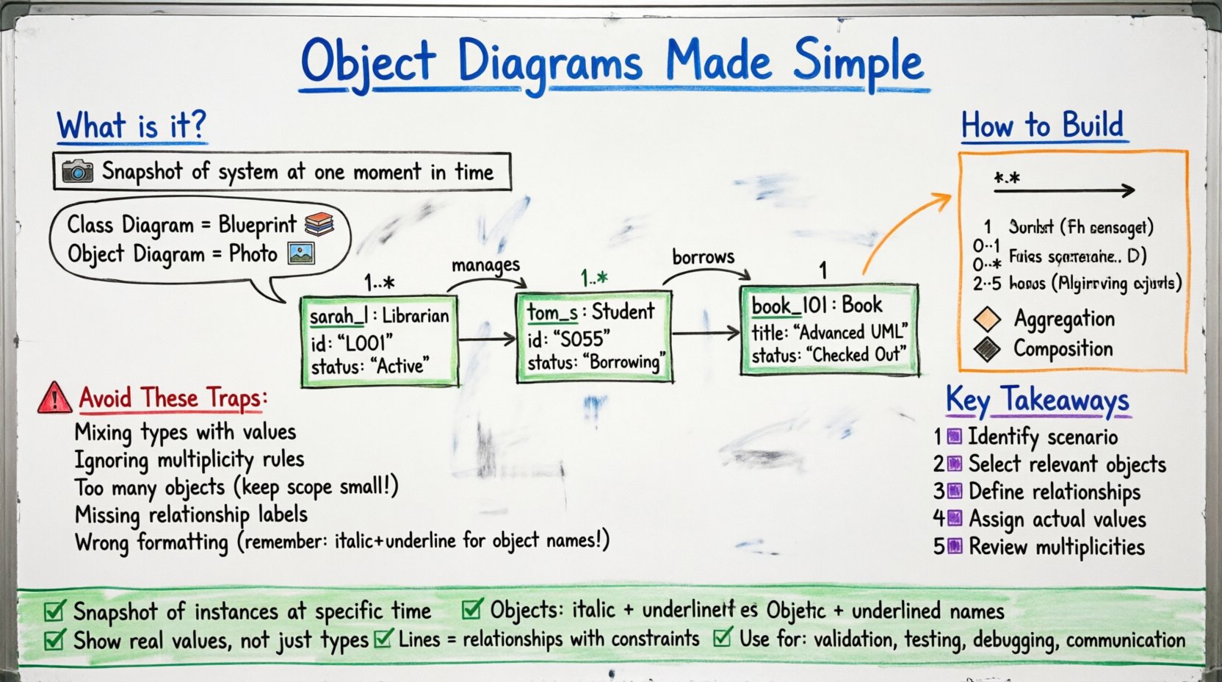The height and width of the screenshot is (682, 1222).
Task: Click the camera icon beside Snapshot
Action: pyautogui.click(x=77, y=171)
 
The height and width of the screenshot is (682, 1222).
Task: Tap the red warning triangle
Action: pyautogui.click(x=54, y=398)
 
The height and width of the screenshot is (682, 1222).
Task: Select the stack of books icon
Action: pyautogui.click(x=319, y=223)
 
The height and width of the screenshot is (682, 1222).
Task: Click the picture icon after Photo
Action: pyautogui.click(x=301, y=254)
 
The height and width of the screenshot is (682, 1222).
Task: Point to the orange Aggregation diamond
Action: pyautogui.click(x=987, y=319)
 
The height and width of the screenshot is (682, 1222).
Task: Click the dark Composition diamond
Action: pyautogui.click(x=987, y=349)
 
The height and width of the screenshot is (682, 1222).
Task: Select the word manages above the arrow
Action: pyautogui.click(x=485, y=265)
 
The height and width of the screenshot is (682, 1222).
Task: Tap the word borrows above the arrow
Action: pyautogui.click(x=703, y=257)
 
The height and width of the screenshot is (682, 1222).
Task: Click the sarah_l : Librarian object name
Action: pyautogui.click(x=379, y=316)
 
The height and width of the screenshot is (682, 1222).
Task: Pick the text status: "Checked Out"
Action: pyautogui.click(x=828, y=356)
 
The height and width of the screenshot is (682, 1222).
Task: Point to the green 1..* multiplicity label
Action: pyautogui.click(x=594, y=278)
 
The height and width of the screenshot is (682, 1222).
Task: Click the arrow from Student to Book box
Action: pyautogui.click(x=706, y=334)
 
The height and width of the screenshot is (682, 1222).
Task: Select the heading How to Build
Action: pyautogui.click(x=1042, y=126)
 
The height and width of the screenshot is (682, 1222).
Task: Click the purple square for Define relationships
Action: pyautogui.click(x=954, y=491)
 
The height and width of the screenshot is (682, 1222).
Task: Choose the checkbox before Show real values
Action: pyautogui.click(x=54, y=640)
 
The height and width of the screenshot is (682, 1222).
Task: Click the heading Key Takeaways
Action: pyautogui.click(x=1037, y=401)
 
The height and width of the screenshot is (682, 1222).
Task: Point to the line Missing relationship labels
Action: pyautogui.click(x=191, y=514)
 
